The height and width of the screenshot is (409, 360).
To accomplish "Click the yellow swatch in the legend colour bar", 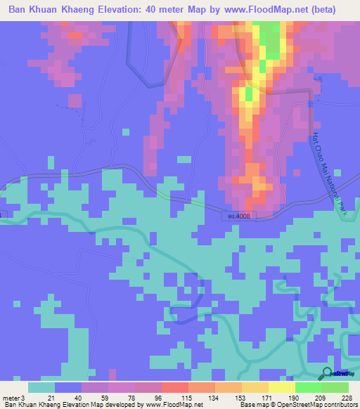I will [x=281, y=387].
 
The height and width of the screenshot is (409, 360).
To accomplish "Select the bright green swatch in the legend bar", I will [x=308, y=387].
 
